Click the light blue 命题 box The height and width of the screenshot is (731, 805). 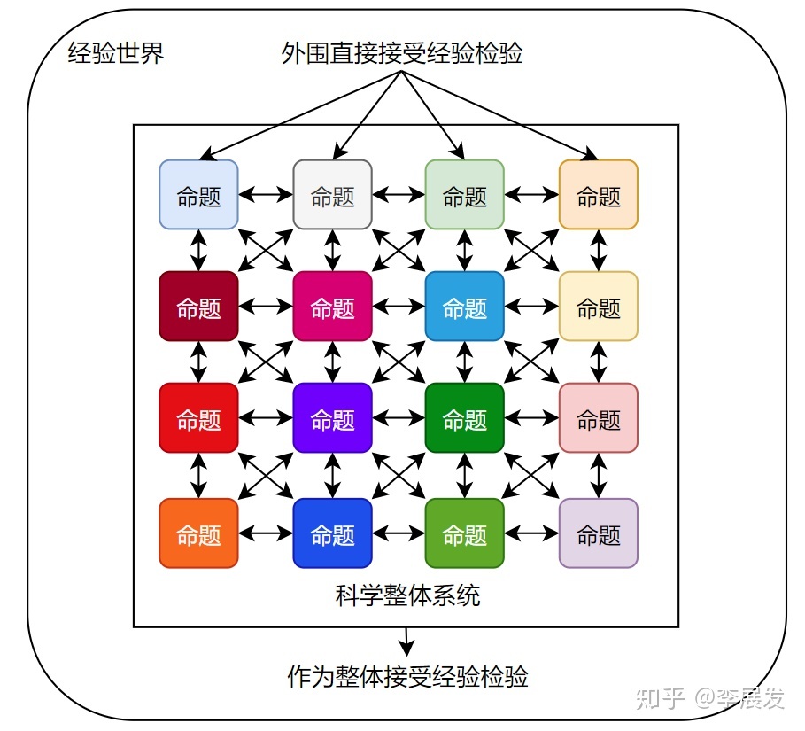198,195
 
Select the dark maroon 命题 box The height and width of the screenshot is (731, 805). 198,307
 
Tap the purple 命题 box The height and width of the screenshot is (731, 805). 332,418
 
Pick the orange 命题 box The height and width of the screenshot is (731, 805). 198,533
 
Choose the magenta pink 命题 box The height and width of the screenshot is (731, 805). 332,307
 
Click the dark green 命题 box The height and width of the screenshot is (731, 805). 465,418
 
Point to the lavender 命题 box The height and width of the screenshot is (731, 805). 599,533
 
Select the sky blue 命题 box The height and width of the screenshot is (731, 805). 465,307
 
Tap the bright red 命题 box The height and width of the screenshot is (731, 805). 198,418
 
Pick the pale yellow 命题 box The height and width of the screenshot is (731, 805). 599,307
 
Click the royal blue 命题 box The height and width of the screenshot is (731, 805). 332,533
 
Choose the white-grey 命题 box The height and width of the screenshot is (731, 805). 332,195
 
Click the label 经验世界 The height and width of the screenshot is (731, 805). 116,54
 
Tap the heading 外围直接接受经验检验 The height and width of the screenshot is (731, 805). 402,54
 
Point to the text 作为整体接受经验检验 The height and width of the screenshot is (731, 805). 408,678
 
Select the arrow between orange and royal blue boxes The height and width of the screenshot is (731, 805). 266,533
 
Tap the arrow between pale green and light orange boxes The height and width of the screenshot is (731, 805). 531,195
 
